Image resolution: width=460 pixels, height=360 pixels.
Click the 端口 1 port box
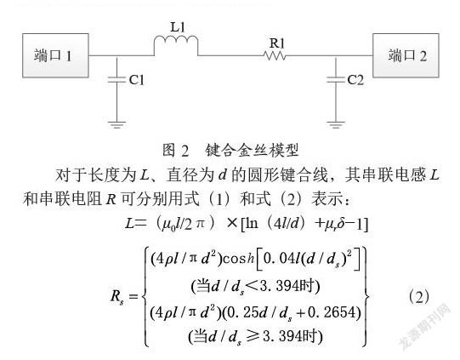[x=55, y=55]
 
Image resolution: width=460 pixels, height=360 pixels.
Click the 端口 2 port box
[x=406, y=55]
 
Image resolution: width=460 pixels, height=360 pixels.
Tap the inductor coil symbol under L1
[x=176, y=44]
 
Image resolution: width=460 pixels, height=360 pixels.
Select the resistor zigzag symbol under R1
[x=275, y=55]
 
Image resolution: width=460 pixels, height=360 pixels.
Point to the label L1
[x=178, y=27]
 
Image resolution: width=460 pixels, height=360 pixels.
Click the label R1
[x=277, y=43]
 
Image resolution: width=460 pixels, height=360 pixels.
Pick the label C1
[x=137, y=80]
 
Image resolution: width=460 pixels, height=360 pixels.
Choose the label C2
[x=355, y=80]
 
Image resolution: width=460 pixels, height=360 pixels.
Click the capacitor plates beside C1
[x=116, y=80]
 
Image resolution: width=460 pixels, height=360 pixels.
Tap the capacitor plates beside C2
[x=336, y=80]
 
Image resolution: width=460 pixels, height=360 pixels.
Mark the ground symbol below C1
[x=116, y=124]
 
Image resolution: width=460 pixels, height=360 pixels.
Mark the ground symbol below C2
[x=336, y=124]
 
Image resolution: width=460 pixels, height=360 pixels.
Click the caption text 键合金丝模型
[x=252, y=150]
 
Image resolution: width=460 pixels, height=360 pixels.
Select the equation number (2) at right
[x=418, y=297]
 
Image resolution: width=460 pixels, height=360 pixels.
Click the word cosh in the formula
[x=238, y=259]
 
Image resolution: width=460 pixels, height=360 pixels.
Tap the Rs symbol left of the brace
[x=116, y=296]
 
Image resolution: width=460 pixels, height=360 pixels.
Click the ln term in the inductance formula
[x=252, y=224]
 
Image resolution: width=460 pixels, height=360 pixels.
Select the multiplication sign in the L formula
[x=232, y=224]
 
